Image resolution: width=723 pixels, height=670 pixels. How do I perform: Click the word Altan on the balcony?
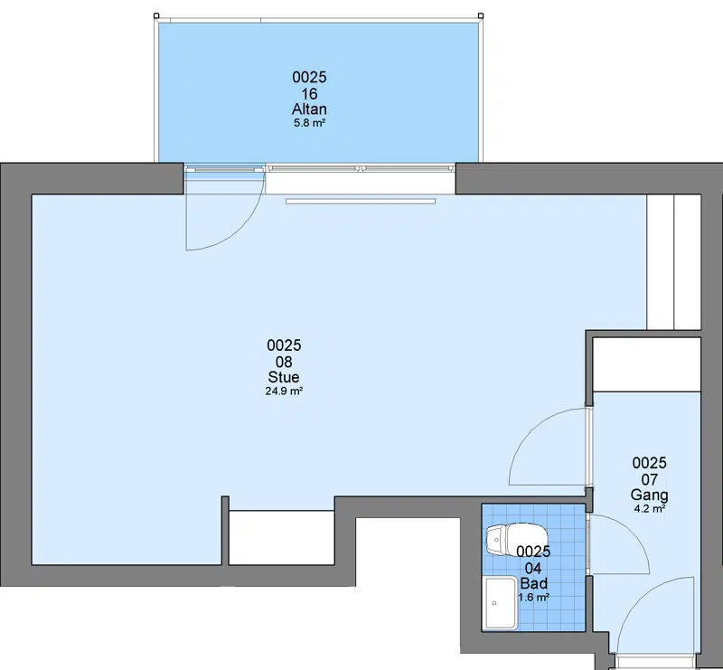pos(309,109)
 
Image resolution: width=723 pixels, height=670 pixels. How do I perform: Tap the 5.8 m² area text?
pos(310,123)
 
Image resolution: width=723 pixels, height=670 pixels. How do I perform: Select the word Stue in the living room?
pos(284,377)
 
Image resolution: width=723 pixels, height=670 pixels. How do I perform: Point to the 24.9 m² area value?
pos(284,392)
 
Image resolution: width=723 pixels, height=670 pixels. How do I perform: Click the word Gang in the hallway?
pos(649,495)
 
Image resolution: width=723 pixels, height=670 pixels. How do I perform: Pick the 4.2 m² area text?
pos(650,509)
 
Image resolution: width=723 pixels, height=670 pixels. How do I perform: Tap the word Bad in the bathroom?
pos(534,583)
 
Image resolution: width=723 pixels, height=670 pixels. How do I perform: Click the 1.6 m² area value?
pos(533,598)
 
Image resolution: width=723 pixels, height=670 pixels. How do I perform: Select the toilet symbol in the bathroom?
pos(516,539)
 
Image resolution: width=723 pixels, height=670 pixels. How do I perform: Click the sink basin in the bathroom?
pos(501,603)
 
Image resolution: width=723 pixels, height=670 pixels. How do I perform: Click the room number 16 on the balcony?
pos(309,94)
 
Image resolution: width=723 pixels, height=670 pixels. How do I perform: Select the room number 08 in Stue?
pos(284,362)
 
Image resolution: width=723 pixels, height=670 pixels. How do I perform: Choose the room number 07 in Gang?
pos(649,480)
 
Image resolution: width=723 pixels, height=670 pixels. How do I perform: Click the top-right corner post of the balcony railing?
pos(481,15)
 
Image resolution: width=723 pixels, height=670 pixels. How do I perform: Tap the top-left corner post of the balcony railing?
pos(156,15)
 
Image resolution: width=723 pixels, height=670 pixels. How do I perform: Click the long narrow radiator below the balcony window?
pos(361,202)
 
